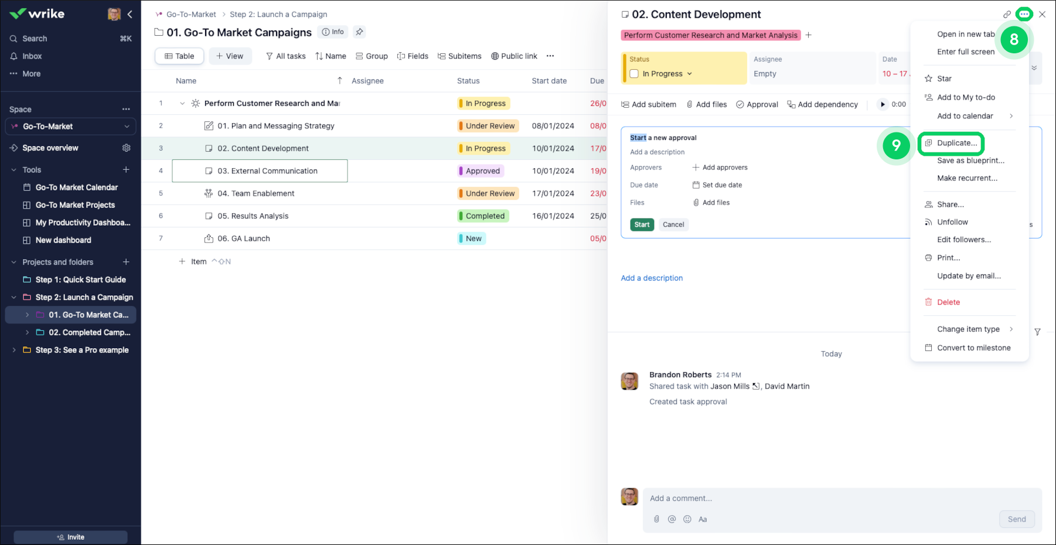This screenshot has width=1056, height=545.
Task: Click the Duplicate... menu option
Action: click(956, 143)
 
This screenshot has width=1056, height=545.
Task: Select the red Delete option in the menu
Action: click(948, 302)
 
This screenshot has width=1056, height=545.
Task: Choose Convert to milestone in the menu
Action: click(973, 348)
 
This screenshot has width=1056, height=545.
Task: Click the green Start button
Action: click(642, 224)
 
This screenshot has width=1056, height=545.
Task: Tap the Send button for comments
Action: click(1016, 519)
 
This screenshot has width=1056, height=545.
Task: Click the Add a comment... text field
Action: click(820, 499)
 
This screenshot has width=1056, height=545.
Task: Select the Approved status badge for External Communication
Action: click(482, 171)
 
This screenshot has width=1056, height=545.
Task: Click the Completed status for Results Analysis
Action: click(485, 216)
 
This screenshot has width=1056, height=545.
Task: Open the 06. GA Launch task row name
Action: click(243, 239)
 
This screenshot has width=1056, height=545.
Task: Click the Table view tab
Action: click(179, 56)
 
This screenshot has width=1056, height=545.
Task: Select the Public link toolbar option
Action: click(514, 56)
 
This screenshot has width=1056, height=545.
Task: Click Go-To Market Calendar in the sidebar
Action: click(76, 188)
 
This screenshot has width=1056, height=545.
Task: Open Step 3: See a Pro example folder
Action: click(81, 350)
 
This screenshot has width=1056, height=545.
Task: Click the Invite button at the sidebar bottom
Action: click(70, 537)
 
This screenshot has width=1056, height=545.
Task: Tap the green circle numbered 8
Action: click(1014, 40)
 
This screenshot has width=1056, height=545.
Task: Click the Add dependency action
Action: click(822, 105)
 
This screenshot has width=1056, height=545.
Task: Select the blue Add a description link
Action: click(652, 278)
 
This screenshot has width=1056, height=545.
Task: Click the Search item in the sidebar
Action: click(35, 39)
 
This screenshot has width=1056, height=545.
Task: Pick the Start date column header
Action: click(549, 81)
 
